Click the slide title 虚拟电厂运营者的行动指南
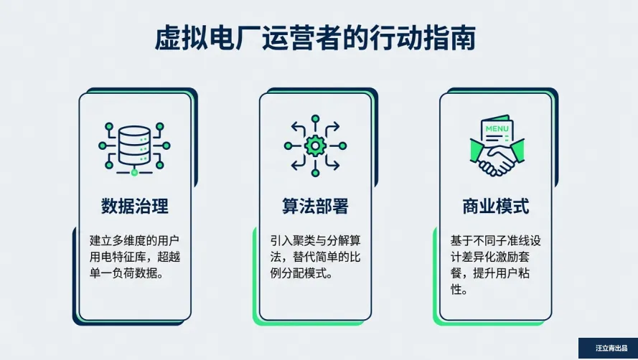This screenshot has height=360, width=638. [315, 39]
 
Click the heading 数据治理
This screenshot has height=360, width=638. [135, 207]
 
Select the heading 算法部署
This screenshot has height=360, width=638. [315, 207]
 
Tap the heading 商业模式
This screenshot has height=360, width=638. [495, 207]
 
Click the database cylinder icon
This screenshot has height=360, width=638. [135, 144]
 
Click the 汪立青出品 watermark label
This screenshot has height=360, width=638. [607, 349]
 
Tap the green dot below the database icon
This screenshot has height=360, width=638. [135, 172]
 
